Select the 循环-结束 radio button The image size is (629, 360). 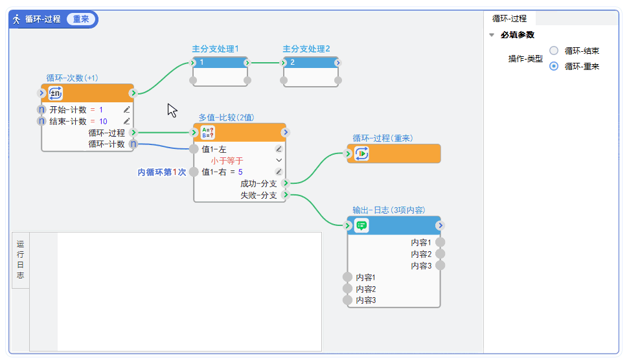554,51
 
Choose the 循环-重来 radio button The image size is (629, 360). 554,66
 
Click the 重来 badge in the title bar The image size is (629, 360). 81,19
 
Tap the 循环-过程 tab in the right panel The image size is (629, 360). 510,19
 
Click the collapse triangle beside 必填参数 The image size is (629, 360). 492,35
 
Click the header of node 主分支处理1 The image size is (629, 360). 220,62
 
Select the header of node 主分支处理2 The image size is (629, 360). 311,62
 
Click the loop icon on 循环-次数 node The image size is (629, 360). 56,93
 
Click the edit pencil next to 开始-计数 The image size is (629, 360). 127,110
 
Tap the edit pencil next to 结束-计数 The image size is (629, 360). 127,121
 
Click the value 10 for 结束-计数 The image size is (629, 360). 103,121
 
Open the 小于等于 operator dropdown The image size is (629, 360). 279,160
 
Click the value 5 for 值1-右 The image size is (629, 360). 240,172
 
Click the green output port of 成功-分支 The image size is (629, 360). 286,183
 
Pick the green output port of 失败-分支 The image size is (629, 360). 286,195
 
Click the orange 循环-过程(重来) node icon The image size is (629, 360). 361,153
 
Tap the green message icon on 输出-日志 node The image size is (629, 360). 361,225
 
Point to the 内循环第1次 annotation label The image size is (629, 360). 161,172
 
